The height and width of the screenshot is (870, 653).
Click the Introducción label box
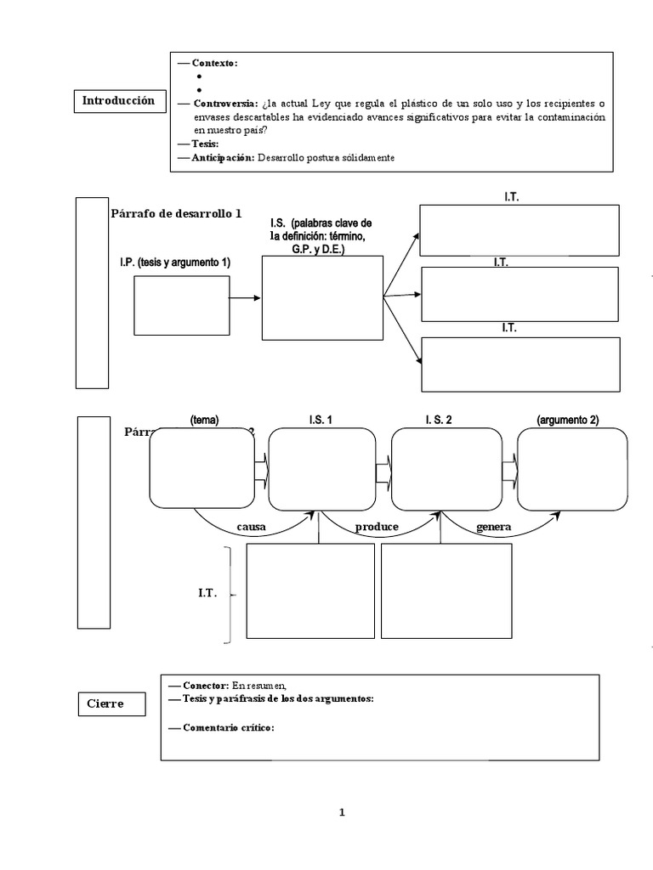coord(118,101)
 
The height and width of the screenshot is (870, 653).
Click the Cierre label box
coord(105,703)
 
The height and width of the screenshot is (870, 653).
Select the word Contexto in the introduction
coord(214,63)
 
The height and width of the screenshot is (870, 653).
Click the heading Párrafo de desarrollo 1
coord(176,213)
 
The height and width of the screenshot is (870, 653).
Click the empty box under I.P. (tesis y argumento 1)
coord(181,305)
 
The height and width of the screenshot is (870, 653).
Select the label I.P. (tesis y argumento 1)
coord(175,263)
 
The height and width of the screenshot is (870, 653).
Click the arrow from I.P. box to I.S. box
coord(245,298)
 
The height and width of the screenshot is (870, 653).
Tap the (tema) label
coord(205,419)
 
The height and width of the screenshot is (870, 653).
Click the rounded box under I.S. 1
coord(322,469)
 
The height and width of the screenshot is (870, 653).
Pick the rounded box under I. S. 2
coord(445,469)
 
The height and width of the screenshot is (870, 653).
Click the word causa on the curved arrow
coord(251,527)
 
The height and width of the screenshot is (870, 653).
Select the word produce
coord(377,527)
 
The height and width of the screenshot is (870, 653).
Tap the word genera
coord(493,527)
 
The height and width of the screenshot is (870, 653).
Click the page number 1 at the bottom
coord(342,812)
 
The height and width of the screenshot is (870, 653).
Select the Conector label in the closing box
coord(205,685)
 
